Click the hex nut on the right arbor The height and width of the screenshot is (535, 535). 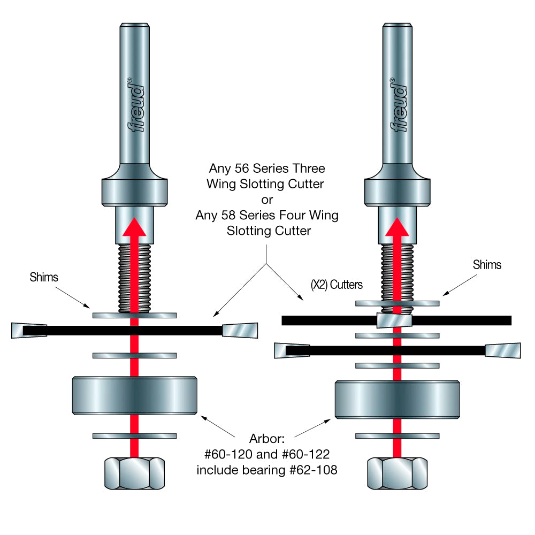[x=396, y=473]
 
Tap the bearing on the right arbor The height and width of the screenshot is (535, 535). [x=396, y=399]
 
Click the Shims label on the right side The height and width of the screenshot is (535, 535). [x=487, y=264]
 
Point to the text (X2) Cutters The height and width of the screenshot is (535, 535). [x=337, y=285]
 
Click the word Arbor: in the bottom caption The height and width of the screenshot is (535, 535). [x=267, y=440]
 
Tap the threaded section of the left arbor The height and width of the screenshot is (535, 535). [x=134, y=278]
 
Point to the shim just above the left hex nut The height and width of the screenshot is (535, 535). [x=134, y=436]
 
